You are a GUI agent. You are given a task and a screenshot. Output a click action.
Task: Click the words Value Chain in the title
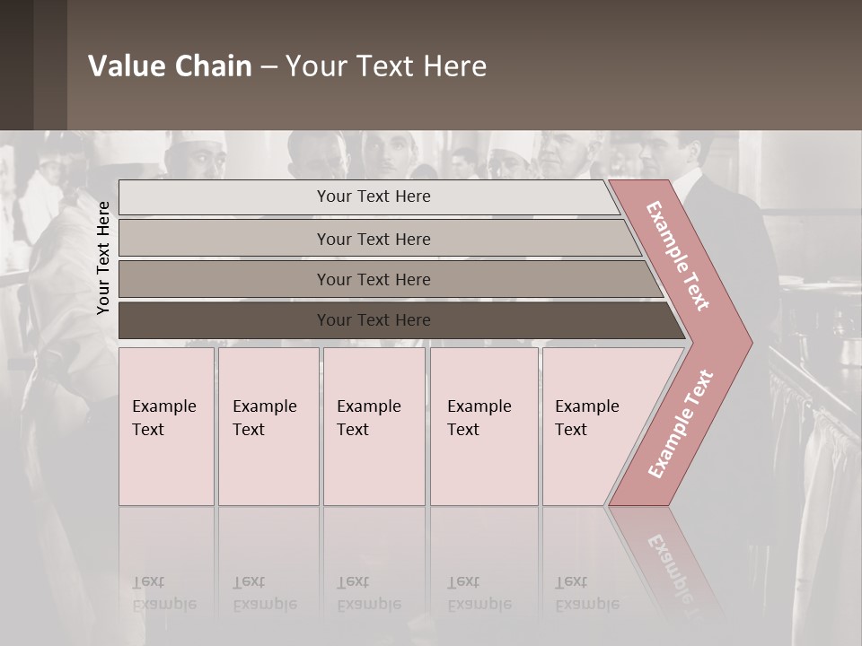(x=170, y=66)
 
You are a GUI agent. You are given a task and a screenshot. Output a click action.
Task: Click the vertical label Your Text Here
(x=103, y=258)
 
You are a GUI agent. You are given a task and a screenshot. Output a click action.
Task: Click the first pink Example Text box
(x=166, y=426)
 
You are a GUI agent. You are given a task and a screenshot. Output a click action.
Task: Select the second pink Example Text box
(x=268, y=426)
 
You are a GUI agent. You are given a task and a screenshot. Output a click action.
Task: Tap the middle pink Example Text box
(x=374, y=426)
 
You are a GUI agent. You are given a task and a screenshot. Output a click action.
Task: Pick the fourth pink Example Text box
(x=484, y=426)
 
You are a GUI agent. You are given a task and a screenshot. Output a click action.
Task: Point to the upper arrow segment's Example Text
(x=678, y=256)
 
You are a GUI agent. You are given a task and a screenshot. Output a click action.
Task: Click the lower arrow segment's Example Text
(x=681, y=423)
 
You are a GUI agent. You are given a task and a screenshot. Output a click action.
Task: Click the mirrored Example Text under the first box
(x=163, y=594)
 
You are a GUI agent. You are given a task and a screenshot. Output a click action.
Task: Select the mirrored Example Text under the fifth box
(x=587, y=594)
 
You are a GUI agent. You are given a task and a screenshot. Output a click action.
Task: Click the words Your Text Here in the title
(x=386, y=66)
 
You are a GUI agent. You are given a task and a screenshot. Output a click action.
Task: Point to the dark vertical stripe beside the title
(x=50, y=65)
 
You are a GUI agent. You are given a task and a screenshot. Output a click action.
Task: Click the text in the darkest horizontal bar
(x=374, y=320)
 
